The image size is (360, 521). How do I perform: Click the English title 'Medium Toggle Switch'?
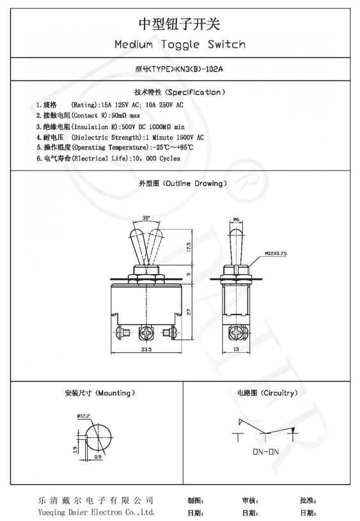pos(179,44)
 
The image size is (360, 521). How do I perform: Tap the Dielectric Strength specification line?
pos(121,137)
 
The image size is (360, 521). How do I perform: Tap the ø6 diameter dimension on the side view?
pos(236,219)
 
